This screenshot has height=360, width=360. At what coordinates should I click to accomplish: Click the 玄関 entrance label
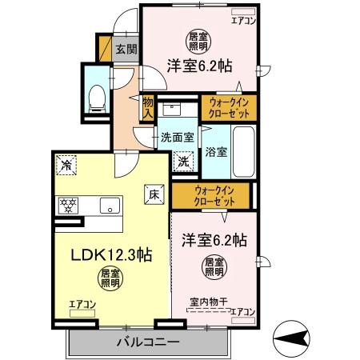126,50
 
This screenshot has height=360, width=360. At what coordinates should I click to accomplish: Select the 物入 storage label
148,106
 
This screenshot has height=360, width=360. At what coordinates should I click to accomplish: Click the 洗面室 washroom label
176,137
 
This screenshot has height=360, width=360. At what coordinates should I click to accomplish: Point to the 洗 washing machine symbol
183,161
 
